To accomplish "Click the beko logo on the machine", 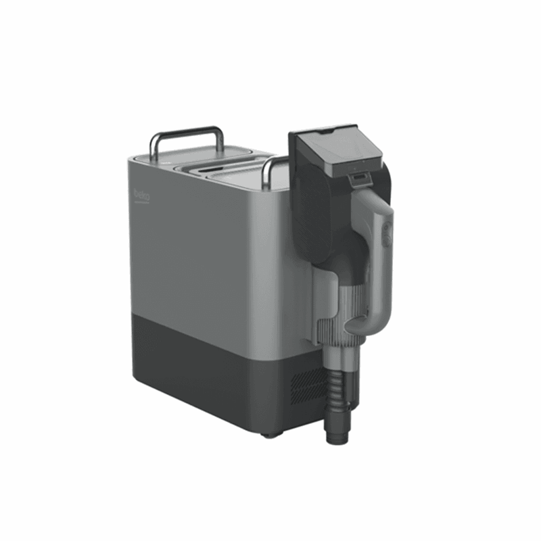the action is click(x=142, y=195).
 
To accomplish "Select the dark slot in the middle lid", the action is click(x=210, y=169).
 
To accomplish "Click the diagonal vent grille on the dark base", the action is click(x=308, y=386).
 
